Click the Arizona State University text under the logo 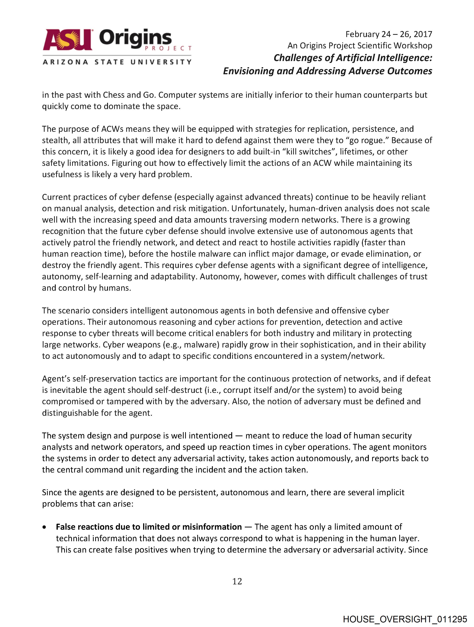click(117, 62)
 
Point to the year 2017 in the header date click(423, 34)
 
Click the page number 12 click(237, 581)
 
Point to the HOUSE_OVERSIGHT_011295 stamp click(405, 619)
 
